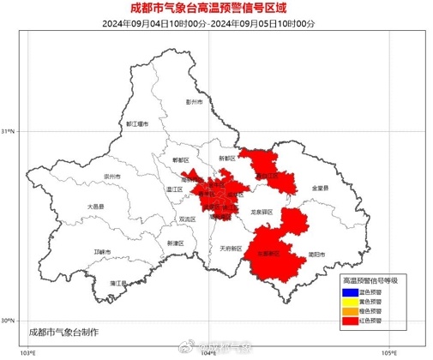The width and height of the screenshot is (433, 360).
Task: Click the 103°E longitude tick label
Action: coord(27,352)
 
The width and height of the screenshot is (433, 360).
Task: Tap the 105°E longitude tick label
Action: coord(390,352)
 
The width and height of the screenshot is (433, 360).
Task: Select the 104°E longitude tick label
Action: coord(208,352)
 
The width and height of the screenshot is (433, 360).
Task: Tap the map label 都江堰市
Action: coord(137,124)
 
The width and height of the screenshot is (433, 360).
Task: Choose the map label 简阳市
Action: coord(317,255)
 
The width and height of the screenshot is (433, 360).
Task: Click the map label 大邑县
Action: coord(95,207)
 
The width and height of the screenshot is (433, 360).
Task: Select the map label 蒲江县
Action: coord(118,282)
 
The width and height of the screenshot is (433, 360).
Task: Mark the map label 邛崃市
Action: coord(102,251)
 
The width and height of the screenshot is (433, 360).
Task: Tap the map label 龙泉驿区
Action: coord(262,211)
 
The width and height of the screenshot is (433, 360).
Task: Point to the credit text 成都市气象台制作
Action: coord(63,331)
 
